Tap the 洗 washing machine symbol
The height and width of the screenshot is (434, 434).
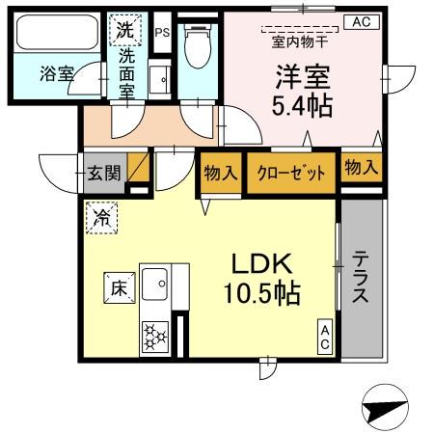tap(124, 30)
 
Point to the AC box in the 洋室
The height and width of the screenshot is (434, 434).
tap(360, 21)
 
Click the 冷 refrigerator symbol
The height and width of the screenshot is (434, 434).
tap(101, 218)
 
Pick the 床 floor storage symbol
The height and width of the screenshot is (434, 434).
tap(117, 286)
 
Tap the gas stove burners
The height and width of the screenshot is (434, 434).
tap(153, 337)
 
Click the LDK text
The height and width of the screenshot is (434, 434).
tap(259, 263)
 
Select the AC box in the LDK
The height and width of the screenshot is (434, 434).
tap(326, 338)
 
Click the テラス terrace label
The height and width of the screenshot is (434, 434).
tap(360, 278)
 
